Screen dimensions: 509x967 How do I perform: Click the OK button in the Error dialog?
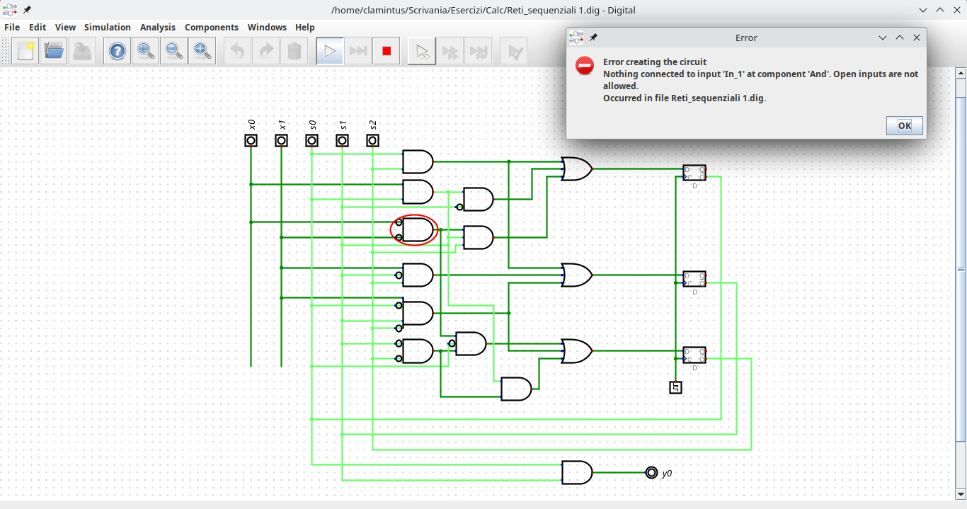tap(904, 125)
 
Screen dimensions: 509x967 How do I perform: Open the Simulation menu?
tap(107, 27)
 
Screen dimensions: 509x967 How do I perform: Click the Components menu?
tap(211, 27)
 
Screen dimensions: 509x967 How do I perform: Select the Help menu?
tap(304, 27)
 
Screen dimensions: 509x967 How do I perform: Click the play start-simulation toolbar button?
tap(329, 51)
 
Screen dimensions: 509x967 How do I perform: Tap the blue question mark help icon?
tap(118, 51)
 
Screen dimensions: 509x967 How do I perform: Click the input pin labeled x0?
tap(251, 140)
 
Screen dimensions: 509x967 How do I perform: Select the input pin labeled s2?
tap(372, 140)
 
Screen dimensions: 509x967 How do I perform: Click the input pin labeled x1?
tap(281, 140)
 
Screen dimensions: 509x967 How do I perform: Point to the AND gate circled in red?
tap(416, 229)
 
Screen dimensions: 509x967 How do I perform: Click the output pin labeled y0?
tap(651, 472)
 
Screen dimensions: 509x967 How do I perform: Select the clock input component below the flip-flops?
tap(675, 387)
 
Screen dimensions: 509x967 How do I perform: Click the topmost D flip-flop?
tap(694, 173)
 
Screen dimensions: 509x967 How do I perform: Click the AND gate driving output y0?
tap(576, 472)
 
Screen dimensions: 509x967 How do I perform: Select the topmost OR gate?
tap(576, 168)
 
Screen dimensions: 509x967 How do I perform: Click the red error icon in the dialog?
tap(584, 66)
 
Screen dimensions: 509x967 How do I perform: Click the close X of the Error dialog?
tap(916, 38)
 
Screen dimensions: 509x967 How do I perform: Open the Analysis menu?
tap(157, 27)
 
